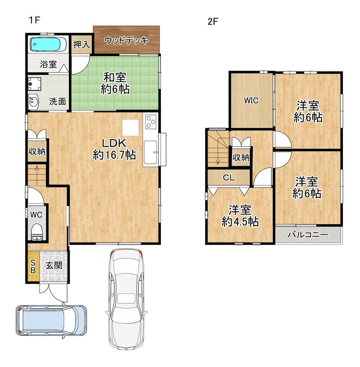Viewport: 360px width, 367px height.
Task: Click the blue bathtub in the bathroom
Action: [x=49, y=44]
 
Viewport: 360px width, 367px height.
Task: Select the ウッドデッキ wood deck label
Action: [x=126, y=40]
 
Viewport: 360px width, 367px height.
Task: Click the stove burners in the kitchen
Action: [x=151, y=122]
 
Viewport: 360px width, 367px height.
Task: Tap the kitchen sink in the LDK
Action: [x=151, y=152]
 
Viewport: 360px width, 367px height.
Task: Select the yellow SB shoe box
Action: [x=33, y=267]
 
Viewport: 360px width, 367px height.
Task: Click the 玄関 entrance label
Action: [x=54, y=265]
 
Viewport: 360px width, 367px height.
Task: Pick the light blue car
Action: [x=51, y=320]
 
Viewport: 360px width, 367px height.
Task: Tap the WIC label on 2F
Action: [x=251, y=100]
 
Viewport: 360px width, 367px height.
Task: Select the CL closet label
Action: [x=228, y=178]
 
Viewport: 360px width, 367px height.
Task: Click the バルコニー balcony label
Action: [x=308, y=234]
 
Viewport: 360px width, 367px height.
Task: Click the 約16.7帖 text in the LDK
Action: [x=114, y=155]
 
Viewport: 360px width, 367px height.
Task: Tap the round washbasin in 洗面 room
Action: [x=33, y=102]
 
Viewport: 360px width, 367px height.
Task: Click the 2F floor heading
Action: [x=213, y=22]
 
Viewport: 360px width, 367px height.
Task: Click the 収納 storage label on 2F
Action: [x=241, y=157]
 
